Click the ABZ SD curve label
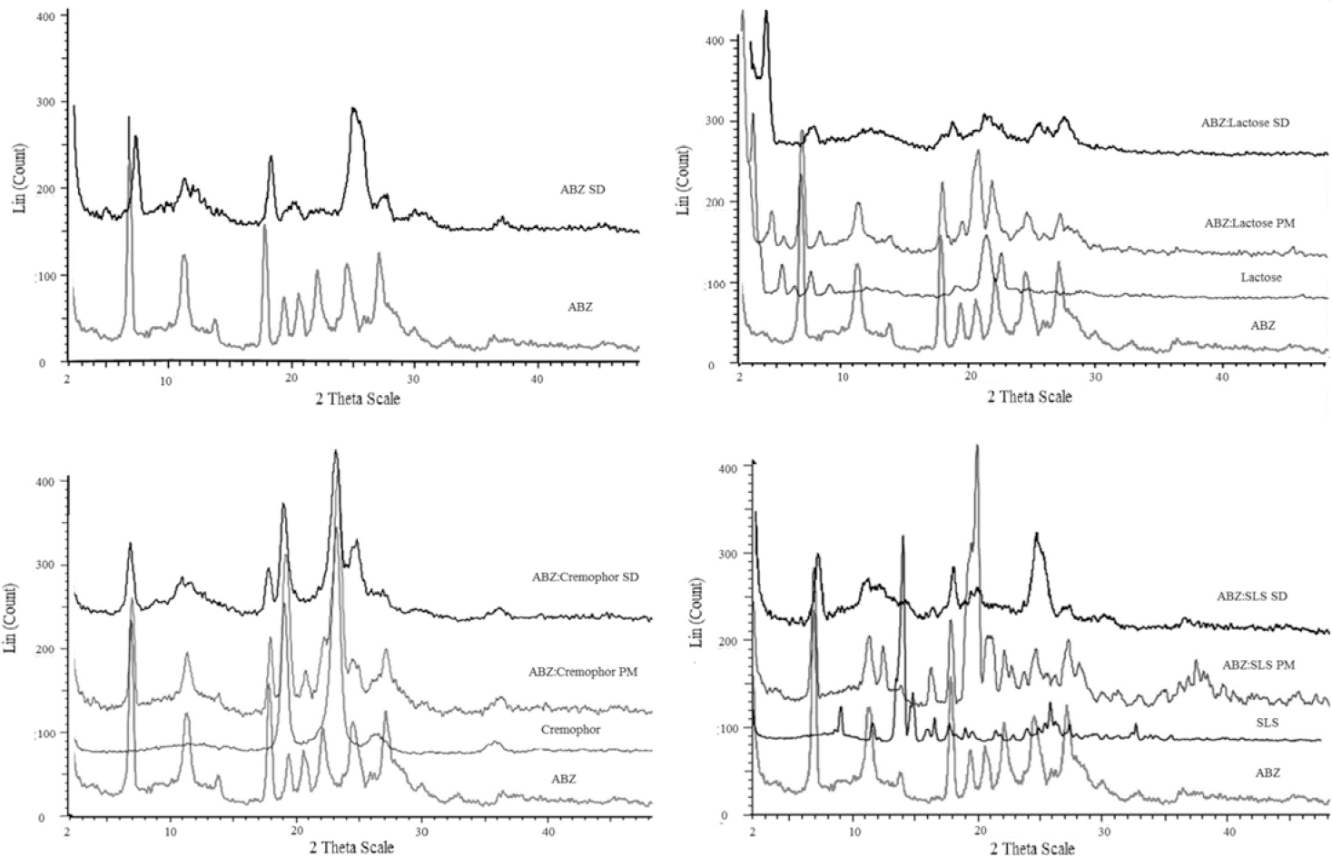(582, 190)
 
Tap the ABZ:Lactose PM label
(1249, 222)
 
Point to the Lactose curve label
(1261, 277)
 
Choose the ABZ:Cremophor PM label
(583, 672)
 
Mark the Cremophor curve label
(570, 729)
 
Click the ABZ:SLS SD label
(1252, 596)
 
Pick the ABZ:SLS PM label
(1258, 665)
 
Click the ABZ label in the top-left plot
(579, 307)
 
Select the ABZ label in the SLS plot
(1268, 773)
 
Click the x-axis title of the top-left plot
(357, 399)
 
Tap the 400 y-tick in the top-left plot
(45, 16)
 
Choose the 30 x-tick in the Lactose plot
(1095, 378)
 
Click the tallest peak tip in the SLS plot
(977, 446)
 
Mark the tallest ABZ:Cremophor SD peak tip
(336, 451)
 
